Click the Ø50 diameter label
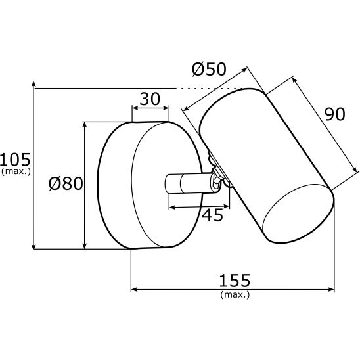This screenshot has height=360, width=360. [x=209, y=69]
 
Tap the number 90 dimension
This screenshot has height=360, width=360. [x=335, y=114]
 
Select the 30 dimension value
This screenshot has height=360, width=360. [x=150, y=99]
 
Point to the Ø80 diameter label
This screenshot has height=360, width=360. [x=66, y=184]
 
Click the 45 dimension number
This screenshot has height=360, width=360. [x=213, y=215]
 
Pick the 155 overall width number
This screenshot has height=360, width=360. [x=235, y=281]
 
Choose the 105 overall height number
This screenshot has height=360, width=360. [x=15, y=160]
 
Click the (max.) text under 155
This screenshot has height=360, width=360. [x=235, y=294]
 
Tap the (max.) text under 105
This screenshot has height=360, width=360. [x=16, y=171]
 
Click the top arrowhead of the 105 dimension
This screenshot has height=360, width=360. [x=34, y=83]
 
